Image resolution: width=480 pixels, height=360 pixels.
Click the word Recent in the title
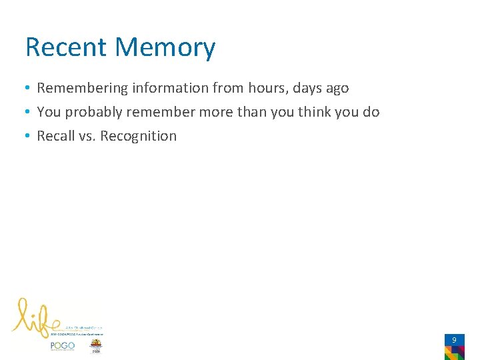[x=66, y=47]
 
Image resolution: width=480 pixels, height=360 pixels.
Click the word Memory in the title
[x=165, y=47]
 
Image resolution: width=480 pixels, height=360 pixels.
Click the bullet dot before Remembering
[x=28, y=88]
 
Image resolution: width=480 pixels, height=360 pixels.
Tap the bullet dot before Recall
[x=28, y=136]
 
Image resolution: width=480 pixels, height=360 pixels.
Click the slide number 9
[x=454, y=340]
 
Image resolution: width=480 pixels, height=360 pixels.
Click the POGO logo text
[x=63, y=346]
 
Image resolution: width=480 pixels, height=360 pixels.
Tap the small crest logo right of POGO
[x=97, y=346]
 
